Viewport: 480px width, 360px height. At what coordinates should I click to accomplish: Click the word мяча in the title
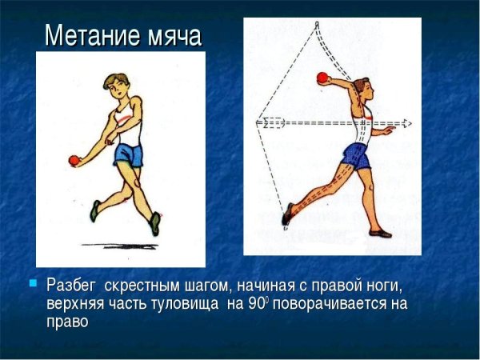pos(171,37)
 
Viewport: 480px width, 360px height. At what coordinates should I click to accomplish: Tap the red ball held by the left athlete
pos(74,160)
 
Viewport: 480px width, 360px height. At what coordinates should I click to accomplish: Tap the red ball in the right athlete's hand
pos(322,78)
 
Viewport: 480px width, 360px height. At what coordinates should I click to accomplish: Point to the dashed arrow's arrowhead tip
pos(410,123)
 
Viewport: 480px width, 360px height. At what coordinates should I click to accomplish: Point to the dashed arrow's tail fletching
pos(268,123)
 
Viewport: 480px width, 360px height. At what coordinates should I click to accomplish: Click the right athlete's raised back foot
pos(286,214)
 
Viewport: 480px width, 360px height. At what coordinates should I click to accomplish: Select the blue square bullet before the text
pos(33,282)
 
